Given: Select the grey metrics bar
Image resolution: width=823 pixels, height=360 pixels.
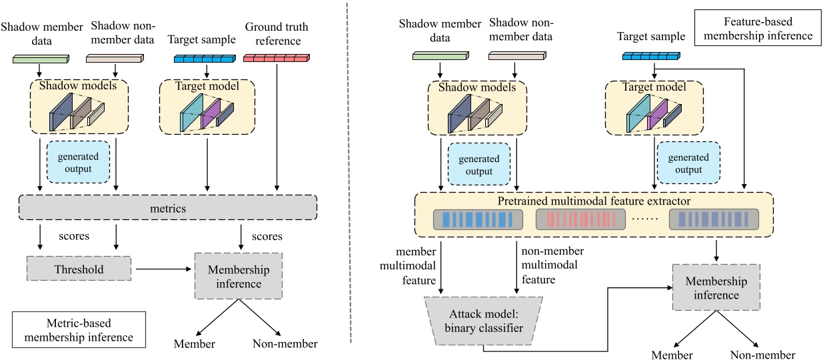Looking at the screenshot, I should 168,209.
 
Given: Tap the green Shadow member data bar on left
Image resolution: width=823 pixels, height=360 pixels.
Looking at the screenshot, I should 41,59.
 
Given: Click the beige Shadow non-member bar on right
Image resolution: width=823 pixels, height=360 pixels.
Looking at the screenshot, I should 516,57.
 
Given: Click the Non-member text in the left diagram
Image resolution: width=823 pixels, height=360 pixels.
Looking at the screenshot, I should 285,344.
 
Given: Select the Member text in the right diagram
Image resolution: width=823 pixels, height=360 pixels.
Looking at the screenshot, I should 672,355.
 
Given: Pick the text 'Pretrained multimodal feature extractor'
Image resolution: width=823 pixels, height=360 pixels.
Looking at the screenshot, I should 594,201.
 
